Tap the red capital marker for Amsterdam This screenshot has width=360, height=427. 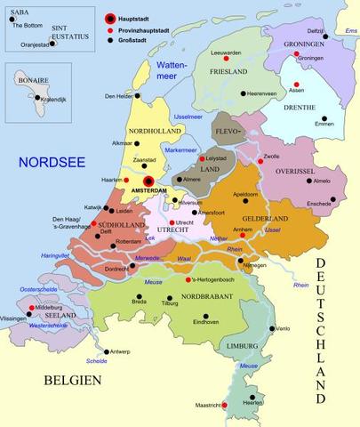pos(148,181)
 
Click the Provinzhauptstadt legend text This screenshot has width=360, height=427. pos(152,28)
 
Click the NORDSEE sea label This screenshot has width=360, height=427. pos(54,162)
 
